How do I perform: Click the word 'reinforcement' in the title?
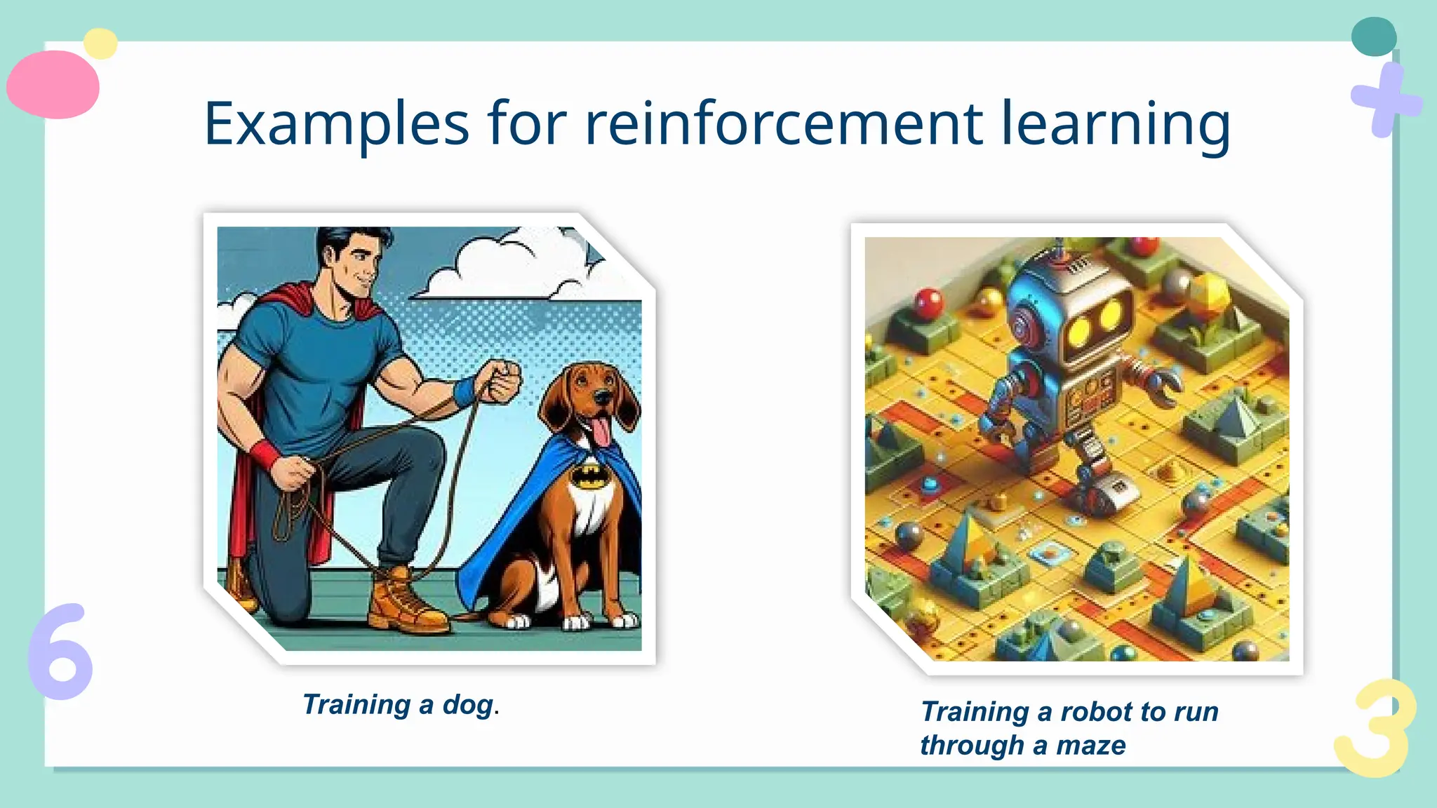(783, 124)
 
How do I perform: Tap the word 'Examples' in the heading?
(336, 124)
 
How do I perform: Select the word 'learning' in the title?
(1115, 124)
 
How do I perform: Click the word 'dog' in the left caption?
(467, 705)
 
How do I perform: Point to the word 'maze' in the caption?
(1091, 746)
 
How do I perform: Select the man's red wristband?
(265, 455)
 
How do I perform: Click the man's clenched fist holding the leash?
(502, 381)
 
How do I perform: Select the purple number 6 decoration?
(61, 652)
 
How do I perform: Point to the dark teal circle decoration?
(1373, 37)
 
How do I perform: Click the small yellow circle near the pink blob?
(100, 43)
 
